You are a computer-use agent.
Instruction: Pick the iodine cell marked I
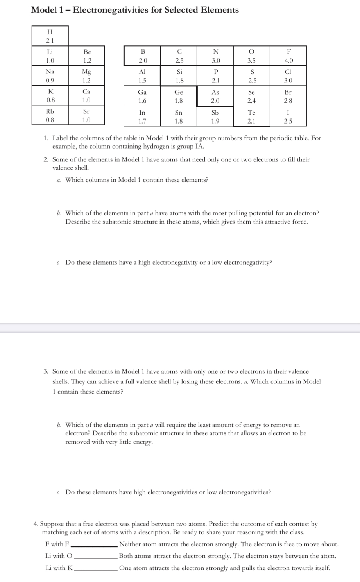pyautogui.click(x=288, y=116)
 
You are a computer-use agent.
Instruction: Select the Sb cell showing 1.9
pyautogui.click(x=215, y=116)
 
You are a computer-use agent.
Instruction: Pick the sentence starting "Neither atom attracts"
pyautogui.click(x=229, y=544)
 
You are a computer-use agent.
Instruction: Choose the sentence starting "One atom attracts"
pyautogui.click(x=224, y=568)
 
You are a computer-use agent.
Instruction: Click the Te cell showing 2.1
pyautogui.click(x=252, y=116)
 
